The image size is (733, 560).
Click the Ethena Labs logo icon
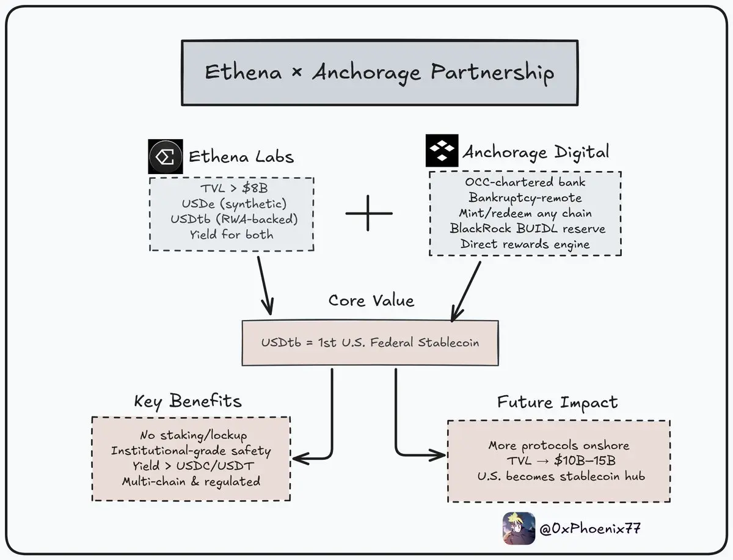[166, 156]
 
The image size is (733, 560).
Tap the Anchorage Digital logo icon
[442, 150]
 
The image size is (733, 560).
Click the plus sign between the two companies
[369, 213]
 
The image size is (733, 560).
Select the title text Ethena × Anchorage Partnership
[379, 73]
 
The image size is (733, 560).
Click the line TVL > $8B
[232, 189]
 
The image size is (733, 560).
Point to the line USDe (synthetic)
[232, 203]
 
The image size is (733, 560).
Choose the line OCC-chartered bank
[525, 182]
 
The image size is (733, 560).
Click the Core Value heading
[371, 300]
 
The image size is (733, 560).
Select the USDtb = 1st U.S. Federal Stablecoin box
[370, 342]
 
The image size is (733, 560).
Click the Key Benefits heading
[188, 401]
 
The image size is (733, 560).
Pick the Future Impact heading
[557, 402]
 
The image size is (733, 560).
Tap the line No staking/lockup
[193, 435]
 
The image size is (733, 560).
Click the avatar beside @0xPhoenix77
[519, 528]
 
